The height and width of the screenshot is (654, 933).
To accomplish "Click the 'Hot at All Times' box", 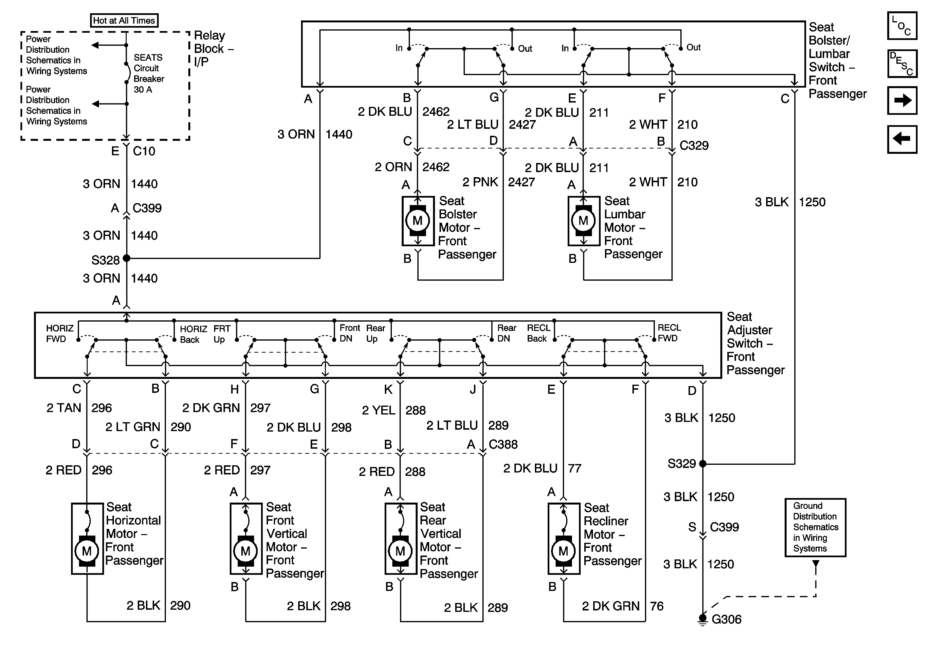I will [124, 20].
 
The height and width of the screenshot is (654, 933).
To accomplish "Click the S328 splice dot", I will [126, 258].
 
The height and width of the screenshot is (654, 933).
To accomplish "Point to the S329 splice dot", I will [703, 464].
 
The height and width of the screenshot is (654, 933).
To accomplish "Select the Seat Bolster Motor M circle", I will [418, 220].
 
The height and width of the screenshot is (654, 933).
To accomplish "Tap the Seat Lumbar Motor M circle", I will [583, 220].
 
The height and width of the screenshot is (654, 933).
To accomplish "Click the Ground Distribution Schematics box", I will [815, 527].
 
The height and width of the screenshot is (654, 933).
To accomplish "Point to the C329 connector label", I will [694, 145].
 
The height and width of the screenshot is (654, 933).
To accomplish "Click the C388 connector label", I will [503, 444].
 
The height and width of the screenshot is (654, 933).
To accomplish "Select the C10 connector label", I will [144, 151].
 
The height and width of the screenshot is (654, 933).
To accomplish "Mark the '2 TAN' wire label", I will [64, 408].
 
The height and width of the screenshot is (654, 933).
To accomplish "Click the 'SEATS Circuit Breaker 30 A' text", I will [149, 73].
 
